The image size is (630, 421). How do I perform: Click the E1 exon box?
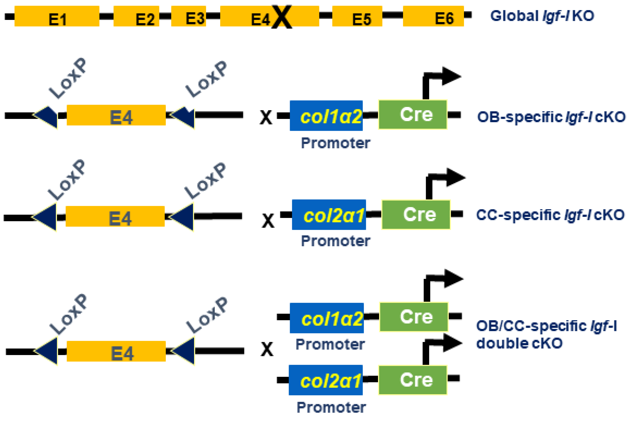click(57, 16)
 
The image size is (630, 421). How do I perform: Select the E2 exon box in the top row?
click(136, 16)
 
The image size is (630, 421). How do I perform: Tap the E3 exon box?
click(188, 16)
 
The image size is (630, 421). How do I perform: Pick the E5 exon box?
click(357, 16)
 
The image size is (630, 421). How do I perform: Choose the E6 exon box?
click(433, 16)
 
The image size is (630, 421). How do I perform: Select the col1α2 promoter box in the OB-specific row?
click(326, 116)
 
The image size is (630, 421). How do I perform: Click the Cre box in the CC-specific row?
click(416, 214)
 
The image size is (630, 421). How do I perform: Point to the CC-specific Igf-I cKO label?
click(550, 215)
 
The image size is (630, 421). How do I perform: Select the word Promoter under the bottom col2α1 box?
click(331, 408)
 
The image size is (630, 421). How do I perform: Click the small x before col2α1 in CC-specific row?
click(268, 221)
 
